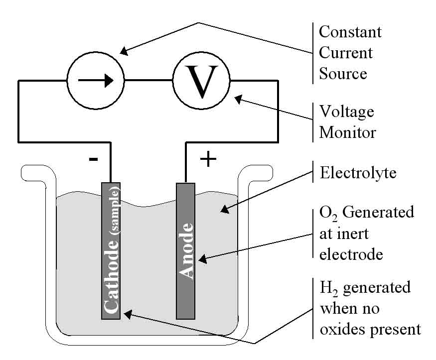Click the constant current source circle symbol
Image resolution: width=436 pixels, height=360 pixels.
[95, 80]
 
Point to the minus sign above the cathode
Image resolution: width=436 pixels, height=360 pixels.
[93, 159]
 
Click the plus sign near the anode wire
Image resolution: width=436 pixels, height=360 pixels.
[208, 159]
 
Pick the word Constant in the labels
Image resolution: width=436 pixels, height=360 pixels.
[350, 32]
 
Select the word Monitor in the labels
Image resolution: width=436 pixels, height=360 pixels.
[347, 132]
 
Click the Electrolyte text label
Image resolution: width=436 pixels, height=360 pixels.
[358, 173]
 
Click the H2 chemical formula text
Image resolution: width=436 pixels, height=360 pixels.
[327, 288]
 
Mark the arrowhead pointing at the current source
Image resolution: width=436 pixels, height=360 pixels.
[125, 50]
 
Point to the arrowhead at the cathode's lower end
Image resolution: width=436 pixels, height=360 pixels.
[127, 313]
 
